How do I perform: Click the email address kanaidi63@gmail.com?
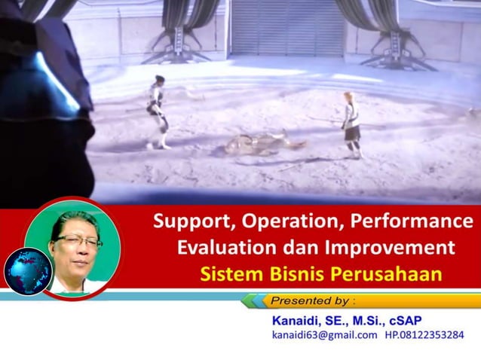pos(324,335)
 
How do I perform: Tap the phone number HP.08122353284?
pos(424,335)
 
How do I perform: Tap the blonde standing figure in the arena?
pos(351,124)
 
